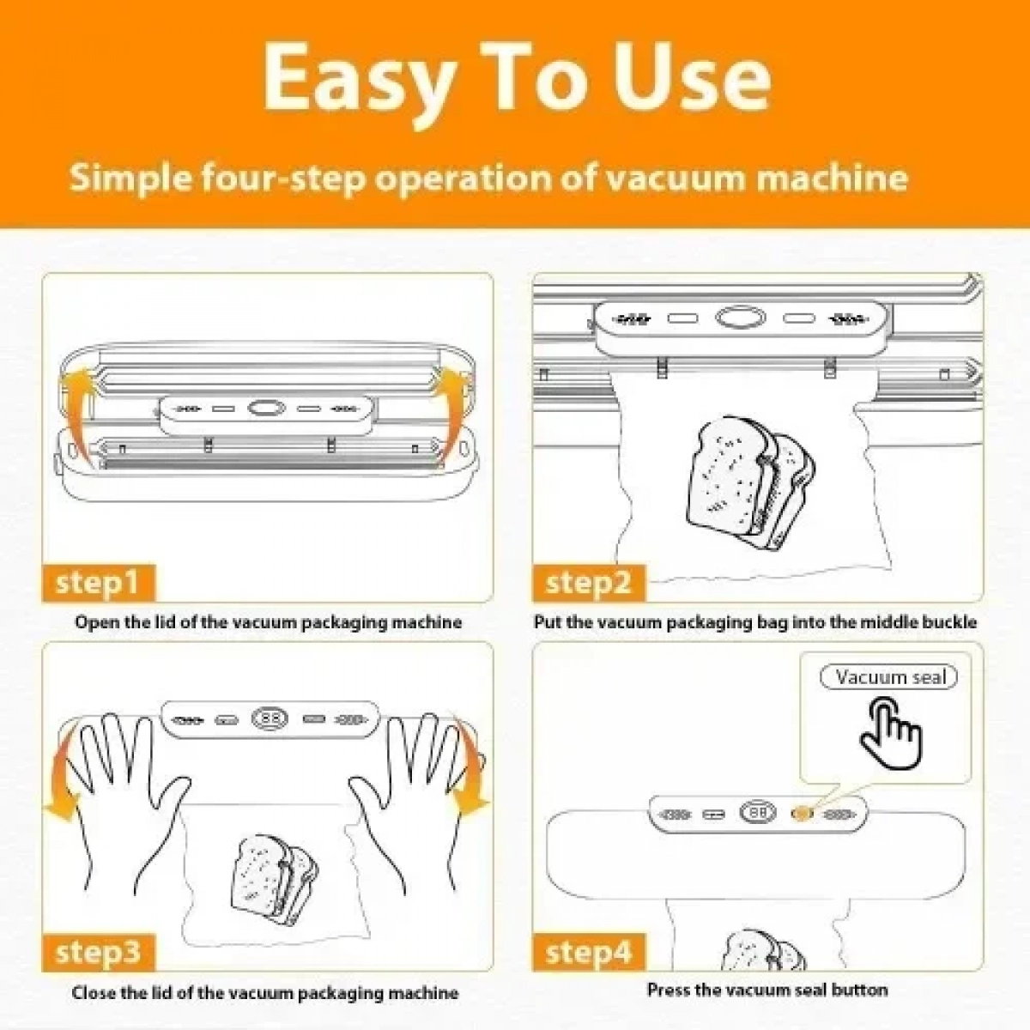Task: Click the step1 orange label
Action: [99, 583]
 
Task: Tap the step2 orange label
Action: [589, 583]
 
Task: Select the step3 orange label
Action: [99, 952]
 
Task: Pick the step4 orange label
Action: [589, 952]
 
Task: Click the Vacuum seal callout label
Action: [888, 677]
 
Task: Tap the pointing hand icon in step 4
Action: [891, 733]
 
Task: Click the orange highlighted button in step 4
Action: [802, 814]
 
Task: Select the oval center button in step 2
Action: [740, 318]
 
